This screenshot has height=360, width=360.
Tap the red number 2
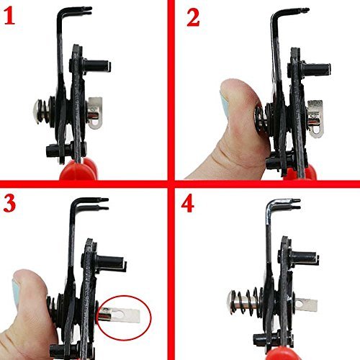pyautogui.click(x=193, y=18)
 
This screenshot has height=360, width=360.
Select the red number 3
pyautogui.click(x=9, y=203)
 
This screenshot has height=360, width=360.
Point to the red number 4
pyautogui.click(x=187, y=204)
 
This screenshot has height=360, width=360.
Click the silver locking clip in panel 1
pyautogui.click(x=95, y=112)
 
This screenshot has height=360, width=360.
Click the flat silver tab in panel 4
pyautogui.click(x=305, y=305)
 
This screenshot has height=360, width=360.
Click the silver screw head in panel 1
pyautogui.click(x=37, y=112)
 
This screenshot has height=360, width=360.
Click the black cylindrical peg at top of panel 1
pyautogui.click(x=97, y=66)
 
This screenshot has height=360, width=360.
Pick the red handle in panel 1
pyautogui.click(x=78, y=169)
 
